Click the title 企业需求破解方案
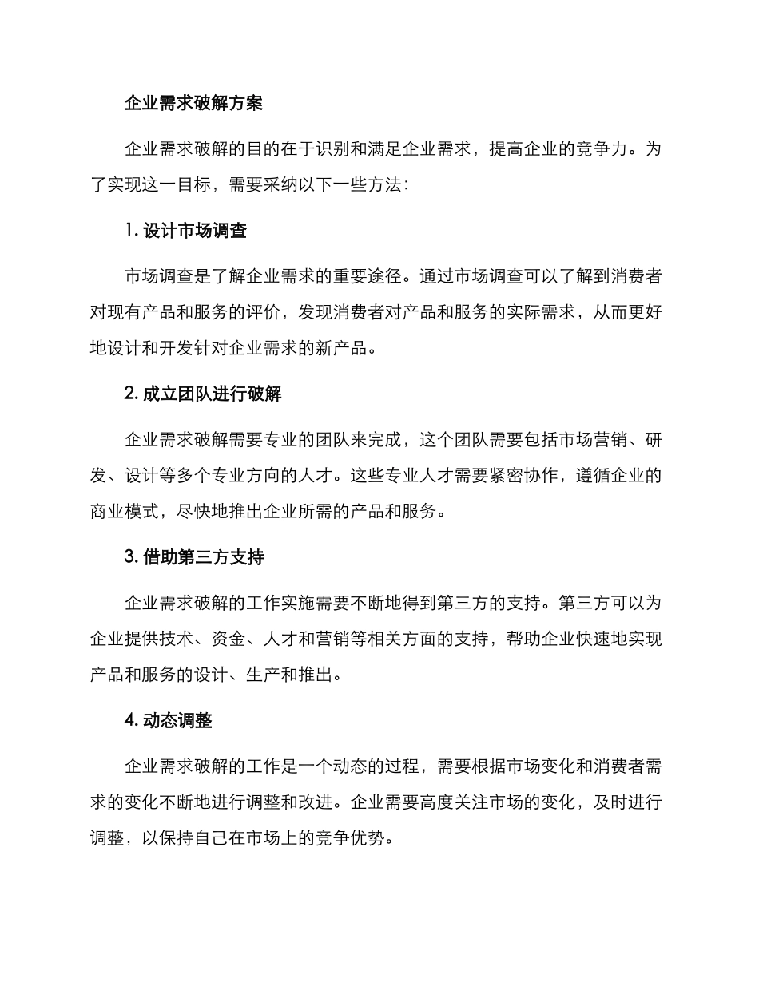(x=194, y=103)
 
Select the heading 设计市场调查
(x=195, y=231)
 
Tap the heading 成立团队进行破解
(x=212, y=394)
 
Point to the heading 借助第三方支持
(x=203, y=557)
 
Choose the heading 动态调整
(x=177, y=720)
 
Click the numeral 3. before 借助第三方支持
(x=132, y=557)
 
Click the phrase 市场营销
(x=586, y=439)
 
